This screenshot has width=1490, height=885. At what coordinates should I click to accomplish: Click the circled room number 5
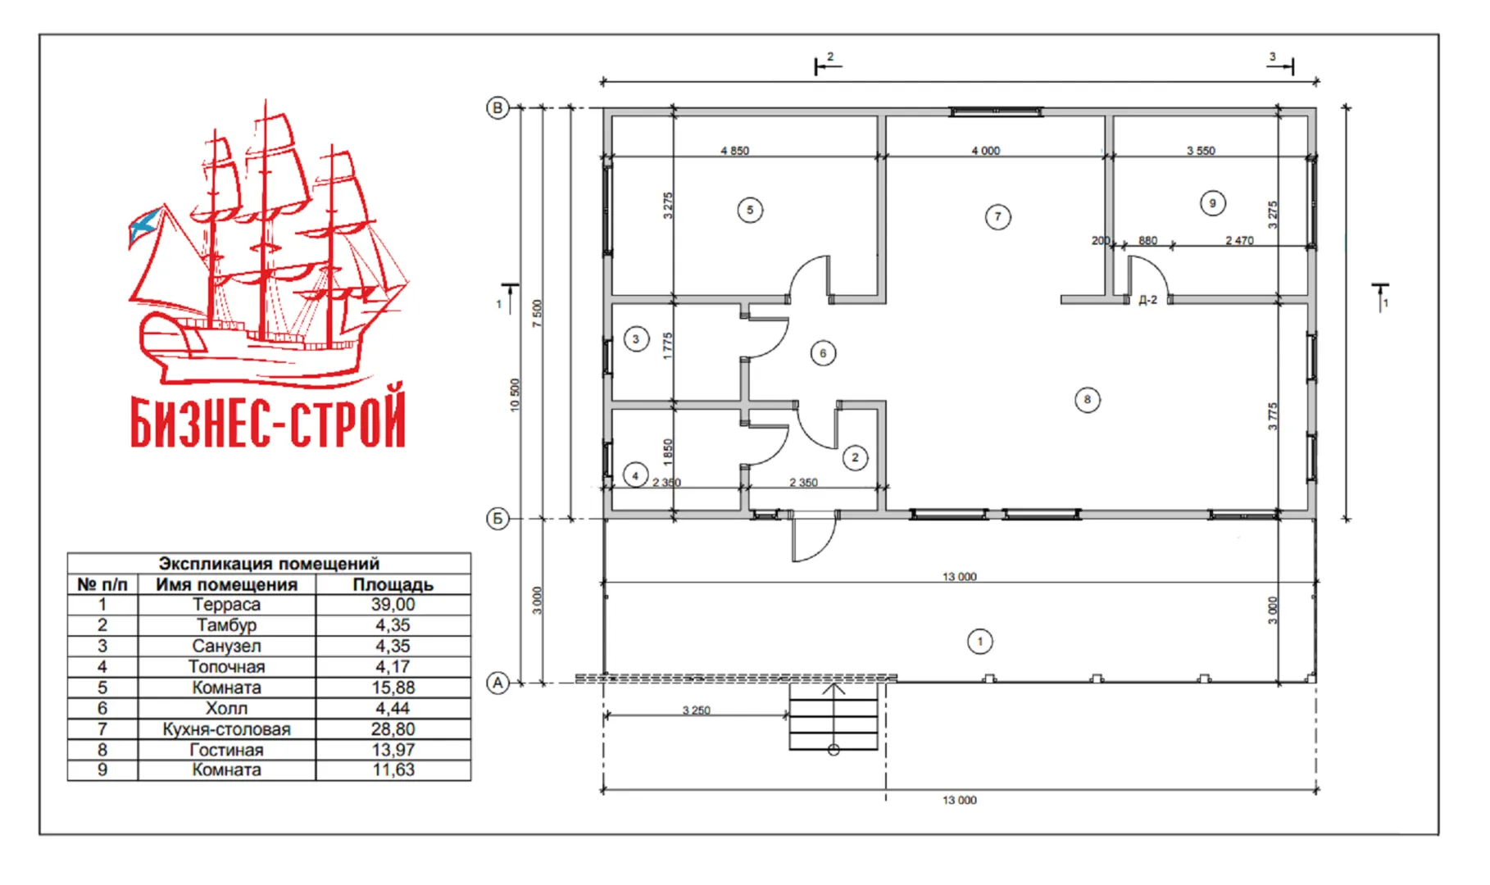coord(750,211)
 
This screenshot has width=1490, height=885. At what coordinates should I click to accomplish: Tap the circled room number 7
coord(997,217)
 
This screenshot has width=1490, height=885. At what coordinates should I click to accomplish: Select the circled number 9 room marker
coord(1213,203)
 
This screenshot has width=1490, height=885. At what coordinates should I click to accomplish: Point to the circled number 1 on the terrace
coord(980,641)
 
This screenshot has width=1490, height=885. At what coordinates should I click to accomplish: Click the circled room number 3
coord(636,338)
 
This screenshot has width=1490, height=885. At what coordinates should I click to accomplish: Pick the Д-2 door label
coord(1147,300)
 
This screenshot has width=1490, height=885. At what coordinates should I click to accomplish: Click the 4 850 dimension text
coord(734,151)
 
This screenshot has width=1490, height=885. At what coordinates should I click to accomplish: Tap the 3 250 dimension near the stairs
coord(696,710)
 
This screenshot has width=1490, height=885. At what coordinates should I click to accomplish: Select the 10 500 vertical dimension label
coord(515,395)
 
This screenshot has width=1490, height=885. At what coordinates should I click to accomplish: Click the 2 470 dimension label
coord(1239,240)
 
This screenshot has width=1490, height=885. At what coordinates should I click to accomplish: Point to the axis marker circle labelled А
coord(497,683)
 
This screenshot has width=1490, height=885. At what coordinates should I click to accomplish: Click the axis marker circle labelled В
coord(497,108)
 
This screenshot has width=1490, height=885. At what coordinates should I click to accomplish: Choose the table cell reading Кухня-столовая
coord(227,728)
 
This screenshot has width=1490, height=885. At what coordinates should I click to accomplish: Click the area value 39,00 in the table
coord(393,605)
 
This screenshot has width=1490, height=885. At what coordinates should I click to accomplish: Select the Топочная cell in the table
coord(227,666)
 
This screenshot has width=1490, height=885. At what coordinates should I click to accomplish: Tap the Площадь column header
coord(393,584)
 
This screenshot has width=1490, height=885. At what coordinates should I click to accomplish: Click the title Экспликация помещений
coord(269,563)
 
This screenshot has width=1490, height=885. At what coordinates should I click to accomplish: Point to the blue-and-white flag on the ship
coord(144,225)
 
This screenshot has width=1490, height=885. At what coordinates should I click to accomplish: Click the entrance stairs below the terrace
coord(834,716)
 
